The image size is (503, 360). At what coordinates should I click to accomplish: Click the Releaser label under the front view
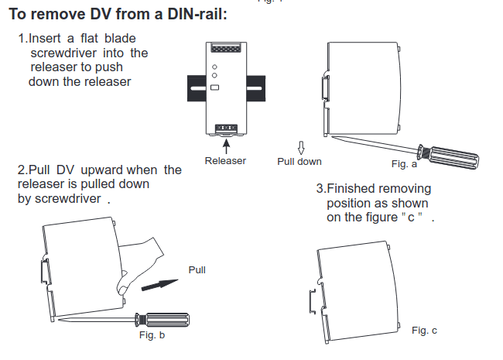(225, 161)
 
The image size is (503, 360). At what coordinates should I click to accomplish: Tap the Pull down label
(299, 162)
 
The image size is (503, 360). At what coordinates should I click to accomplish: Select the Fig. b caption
(152, 335)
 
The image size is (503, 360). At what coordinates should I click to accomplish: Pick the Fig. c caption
(424, 331)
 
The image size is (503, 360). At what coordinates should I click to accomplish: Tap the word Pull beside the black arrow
(197, 269)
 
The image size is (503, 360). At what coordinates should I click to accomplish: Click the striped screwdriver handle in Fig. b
(166, 318)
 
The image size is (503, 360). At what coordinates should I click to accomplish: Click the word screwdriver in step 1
(63, 53)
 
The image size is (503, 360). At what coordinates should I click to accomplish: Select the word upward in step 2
(101, 170)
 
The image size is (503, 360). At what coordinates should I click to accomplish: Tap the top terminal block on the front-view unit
(225, 48)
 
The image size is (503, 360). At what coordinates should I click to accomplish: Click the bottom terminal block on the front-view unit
(225, 126)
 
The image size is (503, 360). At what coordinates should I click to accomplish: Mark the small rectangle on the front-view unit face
(214, 87)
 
